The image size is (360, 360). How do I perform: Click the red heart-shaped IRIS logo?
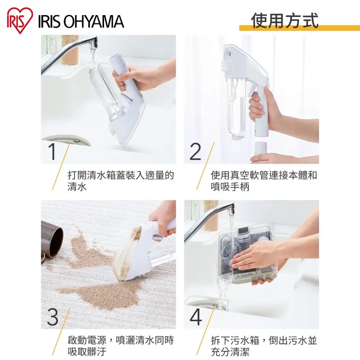[20, 20]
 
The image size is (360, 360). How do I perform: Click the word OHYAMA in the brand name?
[93, 21]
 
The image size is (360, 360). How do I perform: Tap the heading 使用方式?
[285, 20]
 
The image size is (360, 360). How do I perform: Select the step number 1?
[53, 151]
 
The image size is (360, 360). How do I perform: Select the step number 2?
[196, 151]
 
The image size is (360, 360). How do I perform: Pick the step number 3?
[53, 317]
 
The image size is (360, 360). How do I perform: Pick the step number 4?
[196, 317]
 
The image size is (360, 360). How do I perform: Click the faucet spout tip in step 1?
[93, 45]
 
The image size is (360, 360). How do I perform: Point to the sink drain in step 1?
[66, 140]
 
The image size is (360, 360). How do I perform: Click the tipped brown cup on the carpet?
[52, 239]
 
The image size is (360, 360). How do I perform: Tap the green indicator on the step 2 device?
[229, 54]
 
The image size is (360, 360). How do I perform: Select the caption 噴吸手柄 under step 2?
[230, 187]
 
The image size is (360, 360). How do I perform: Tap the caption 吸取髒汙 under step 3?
[87, 352]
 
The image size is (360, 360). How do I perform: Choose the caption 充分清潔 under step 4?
[230, 352]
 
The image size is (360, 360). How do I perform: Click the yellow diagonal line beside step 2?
[205, 166]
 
